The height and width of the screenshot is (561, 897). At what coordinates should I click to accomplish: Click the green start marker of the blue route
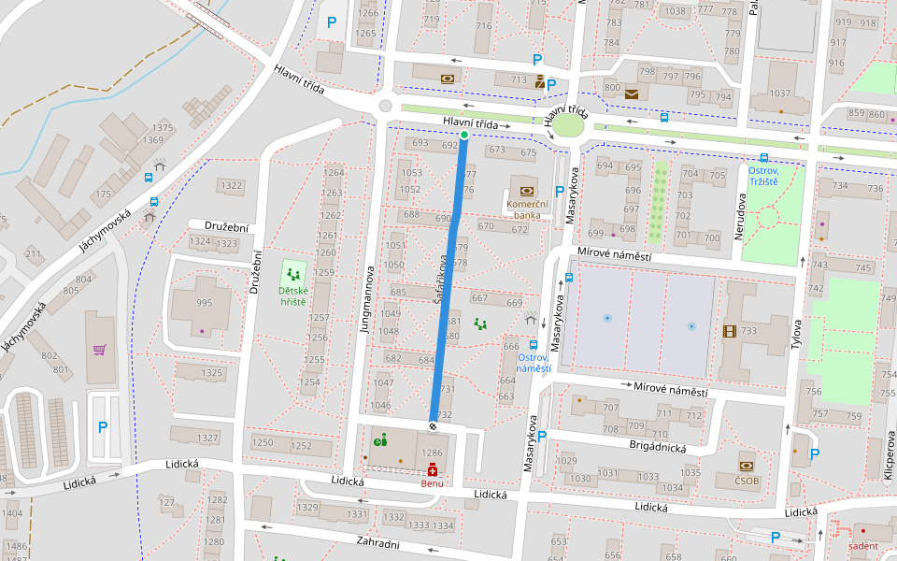pyautogui.click(x=464, y=136)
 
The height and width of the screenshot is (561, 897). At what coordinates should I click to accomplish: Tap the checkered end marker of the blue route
pyautogui.click(x=434, y=426)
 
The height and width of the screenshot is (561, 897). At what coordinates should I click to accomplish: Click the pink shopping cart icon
pyautogui.click(x=100, y=350)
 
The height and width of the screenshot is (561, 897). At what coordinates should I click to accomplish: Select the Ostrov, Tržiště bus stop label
pyautogui.click(x=775, y=175)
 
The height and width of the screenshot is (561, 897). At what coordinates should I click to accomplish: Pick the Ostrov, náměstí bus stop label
pyautogui.click(x=534, y=363)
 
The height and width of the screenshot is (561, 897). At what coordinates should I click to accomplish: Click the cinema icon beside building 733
pyautogui.click(x=729, y=330)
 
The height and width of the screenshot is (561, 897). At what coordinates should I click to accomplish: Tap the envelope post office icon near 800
pyautogui.click(x=633, y=93)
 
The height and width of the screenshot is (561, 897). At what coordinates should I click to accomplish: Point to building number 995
pyautogui.click(x=205, y=302)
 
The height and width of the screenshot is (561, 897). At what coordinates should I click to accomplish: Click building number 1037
pyautogui.click(x=779, y=93)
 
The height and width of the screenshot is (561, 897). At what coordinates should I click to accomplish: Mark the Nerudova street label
pyautogui.click(x=738, y=218)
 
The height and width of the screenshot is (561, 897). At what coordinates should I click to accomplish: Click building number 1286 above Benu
pyautogui.click(x=432, y=453)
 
